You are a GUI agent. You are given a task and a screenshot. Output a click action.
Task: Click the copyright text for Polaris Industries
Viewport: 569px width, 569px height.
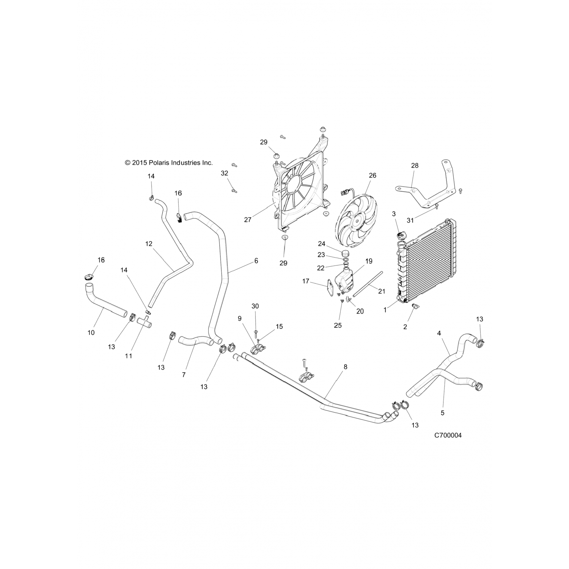pos(169,163)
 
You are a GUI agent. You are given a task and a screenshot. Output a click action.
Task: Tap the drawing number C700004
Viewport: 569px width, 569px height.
pos(448,435)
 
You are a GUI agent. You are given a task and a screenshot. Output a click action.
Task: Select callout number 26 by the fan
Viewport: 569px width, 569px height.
pos(373,175)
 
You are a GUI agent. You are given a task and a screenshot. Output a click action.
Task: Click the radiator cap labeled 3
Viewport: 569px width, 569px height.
pos(401,236)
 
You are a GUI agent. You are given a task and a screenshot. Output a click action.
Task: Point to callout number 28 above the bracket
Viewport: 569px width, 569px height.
pos(415,165)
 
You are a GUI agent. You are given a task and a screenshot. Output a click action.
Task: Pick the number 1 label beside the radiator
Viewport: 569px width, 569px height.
pos(385,310)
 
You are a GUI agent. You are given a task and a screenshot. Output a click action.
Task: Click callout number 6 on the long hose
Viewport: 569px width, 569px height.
pos(256,261)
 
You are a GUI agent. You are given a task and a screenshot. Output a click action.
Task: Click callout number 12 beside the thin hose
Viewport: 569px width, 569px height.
pos(149,244)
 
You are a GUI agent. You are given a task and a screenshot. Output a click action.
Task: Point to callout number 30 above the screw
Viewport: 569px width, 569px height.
pos(255,306)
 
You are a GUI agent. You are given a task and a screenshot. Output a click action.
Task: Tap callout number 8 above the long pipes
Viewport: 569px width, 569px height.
pos(345,367)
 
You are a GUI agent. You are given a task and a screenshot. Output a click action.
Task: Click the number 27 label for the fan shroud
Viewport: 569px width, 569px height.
pos(248,220)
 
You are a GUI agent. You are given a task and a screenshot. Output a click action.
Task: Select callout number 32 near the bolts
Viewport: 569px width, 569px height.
pos(225,173)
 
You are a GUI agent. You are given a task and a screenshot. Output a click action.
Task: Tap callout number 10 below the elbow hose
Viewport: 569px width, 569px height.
pos(91,333)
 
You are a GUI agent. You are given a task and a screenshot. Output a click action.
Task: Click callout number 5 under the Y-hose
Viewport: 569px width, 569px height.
pos(443,412)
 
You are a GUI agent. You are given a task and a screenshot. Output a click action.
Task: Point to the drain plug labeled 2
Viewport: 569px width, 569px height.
pos(413,310)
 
